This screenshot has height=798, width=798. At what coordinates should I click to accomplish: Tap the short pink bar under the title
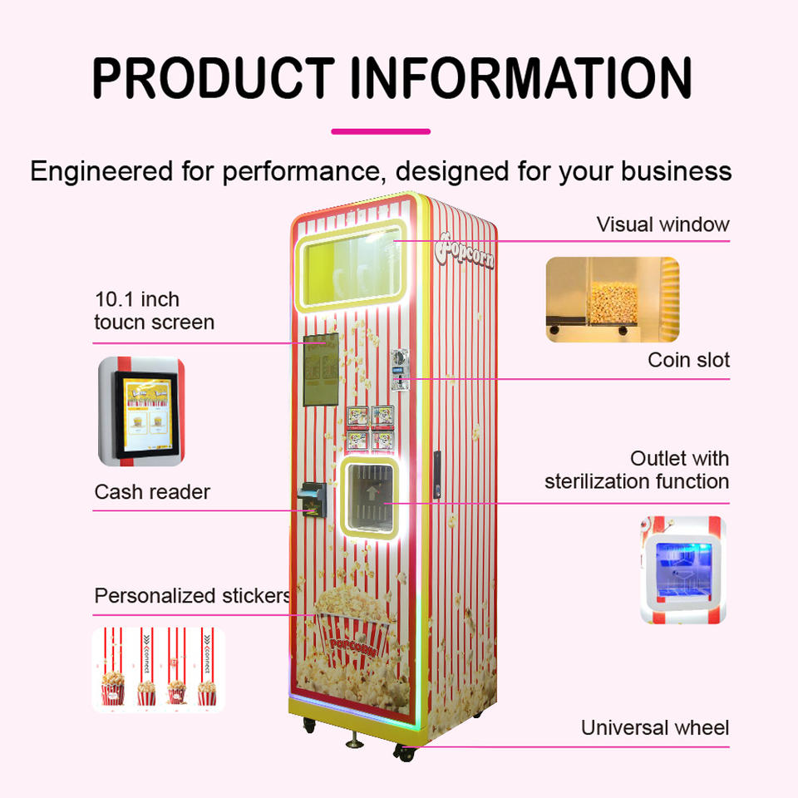[381, 131]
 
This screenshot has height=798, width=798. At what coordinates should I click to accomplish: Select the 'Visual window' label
[663, 224]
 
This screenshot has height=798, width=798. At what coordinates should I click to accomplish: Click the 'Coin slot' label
[688, 360]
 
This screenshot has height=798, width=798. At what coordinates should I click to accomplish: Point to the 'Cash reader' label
[152, 491]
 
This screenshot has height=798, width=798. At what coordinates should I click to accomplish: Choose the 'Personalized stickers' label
[192, 596]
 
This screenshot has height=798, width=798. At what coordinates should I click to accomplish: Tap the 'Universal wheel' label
[654, 728]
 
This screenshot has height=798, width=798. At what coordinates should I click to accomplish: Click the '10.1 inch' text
[136, 299]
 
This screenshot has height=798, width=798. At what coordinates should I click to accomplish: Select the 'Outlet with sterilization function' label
[637, 470]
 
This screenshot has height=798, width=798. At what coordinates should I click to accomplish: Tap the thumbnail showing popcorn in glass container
[612, 299]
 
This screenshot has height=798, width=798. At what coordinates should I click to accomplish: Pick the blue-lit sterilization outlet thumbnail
[682, 570]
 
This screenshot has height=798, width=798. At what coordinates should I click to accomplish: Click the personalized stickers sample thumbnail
[157, 669]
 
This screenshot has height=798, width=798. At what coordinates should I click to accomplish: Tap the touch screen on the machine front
[320, 370]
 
